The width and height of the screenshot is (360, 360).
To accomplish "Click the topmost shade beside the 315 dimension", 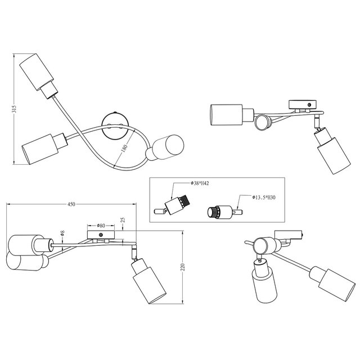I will click(39, 74).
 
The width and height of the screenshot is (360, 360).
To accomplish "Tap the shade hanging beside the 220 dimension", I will click(149, 282).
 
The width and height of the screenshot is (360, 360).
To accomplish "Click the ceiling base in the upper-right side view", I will click(303, 104).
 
